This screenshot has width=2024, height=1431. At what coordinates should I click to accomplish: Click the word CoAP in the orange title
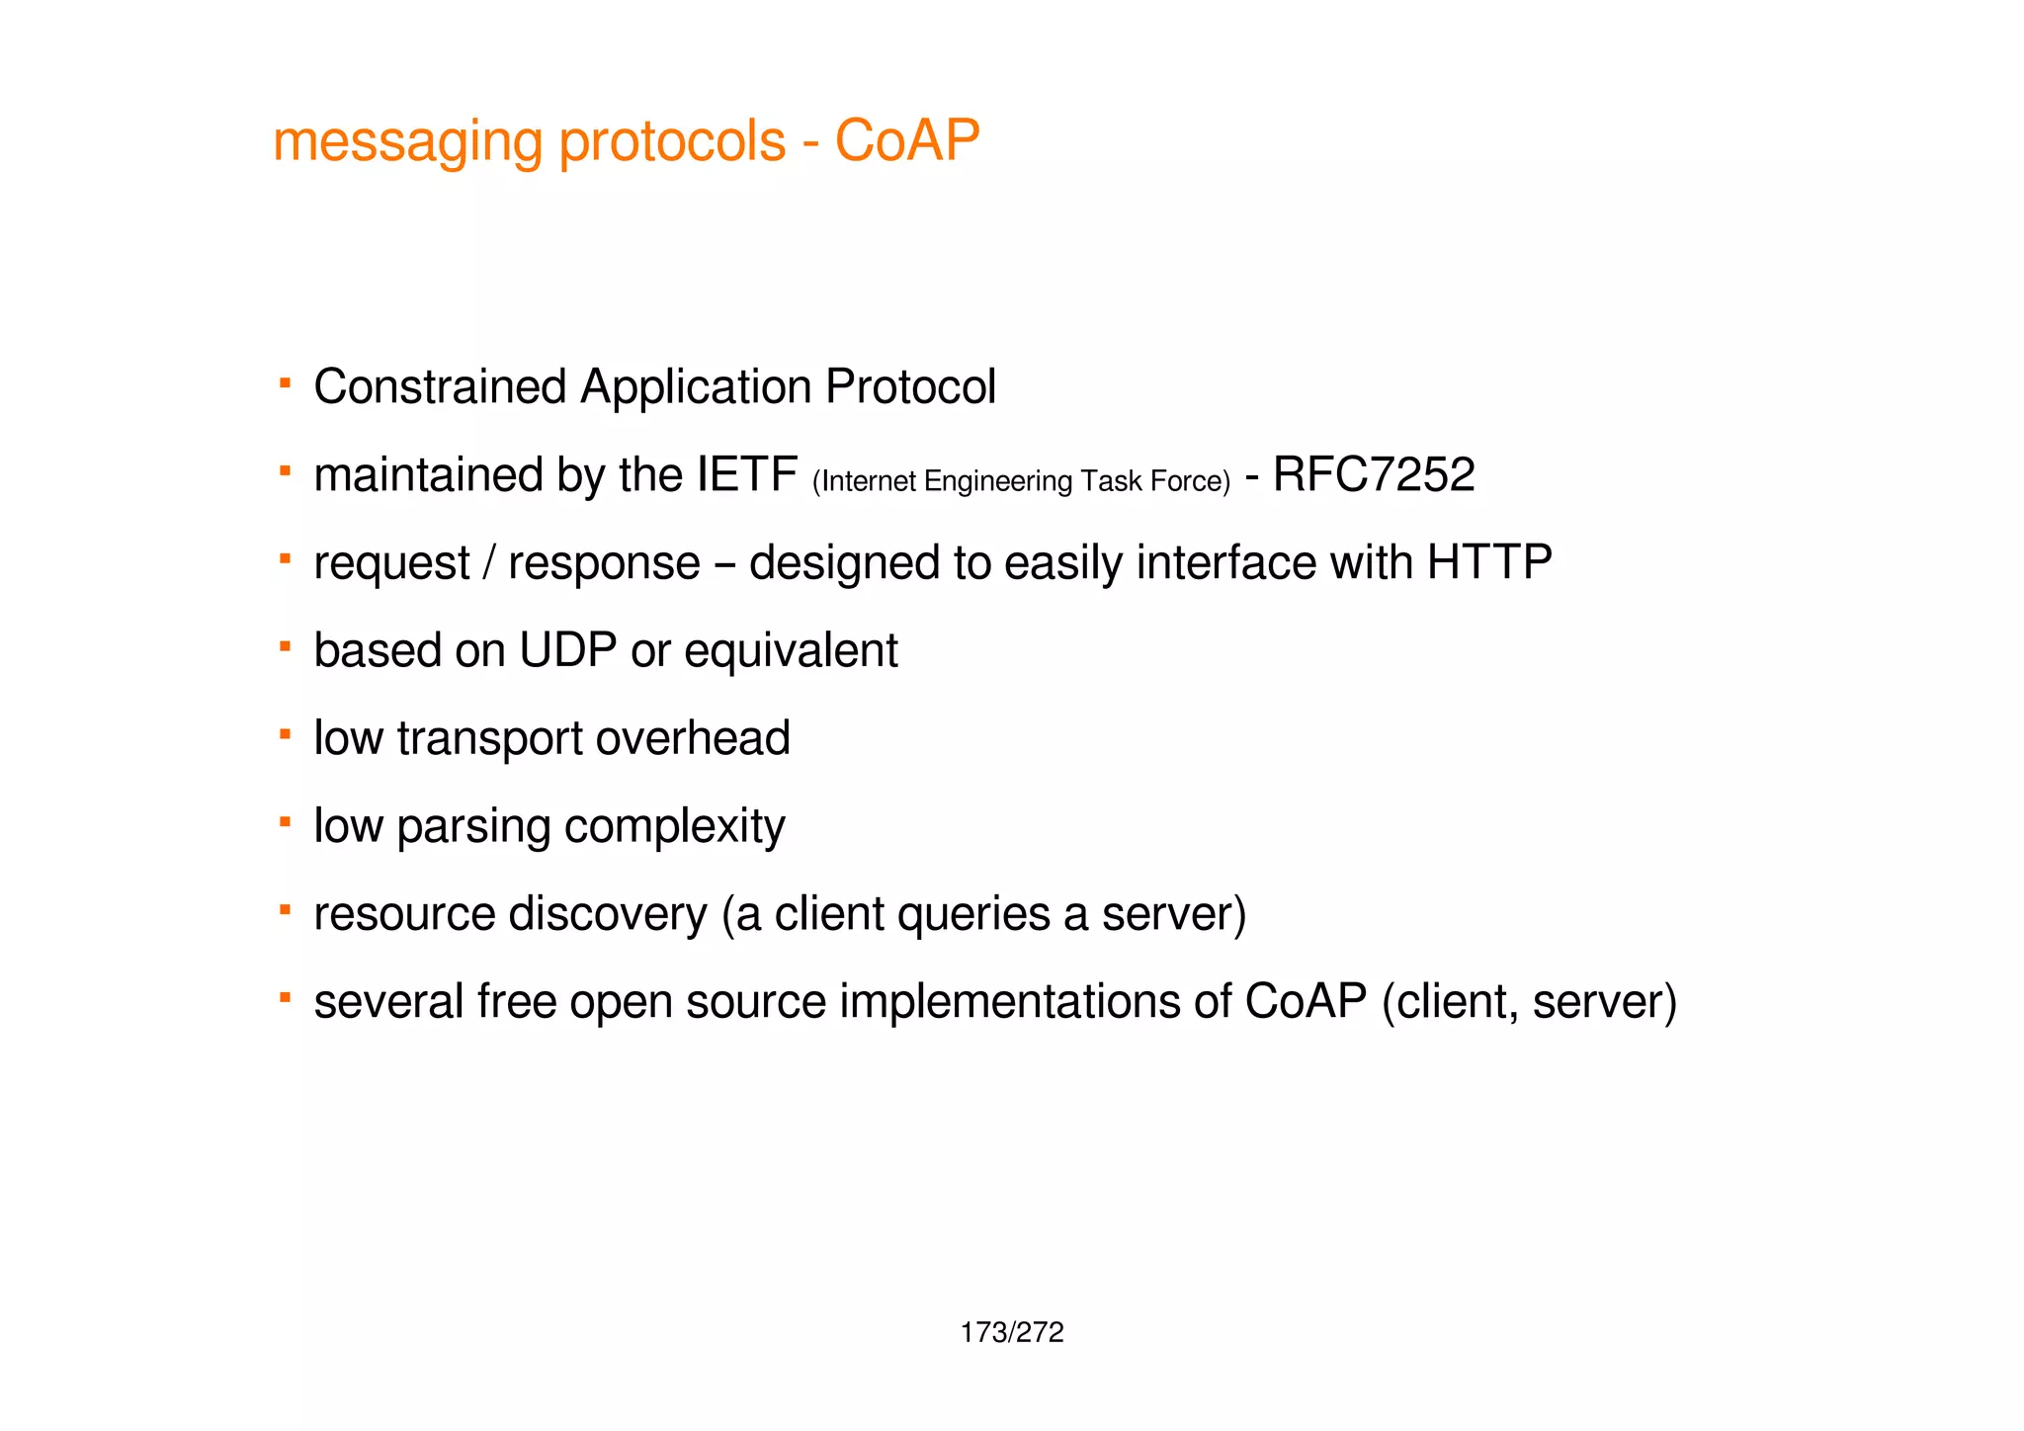pyautogui.click(x=906, y=140)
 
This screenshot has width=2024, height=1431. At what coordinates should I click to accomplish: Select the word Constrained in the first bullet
pyautogui.click(x=440, y=386)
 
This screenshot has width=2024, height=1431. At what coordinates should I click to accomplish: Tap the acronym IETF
pyautogui.click(x=746, y=474)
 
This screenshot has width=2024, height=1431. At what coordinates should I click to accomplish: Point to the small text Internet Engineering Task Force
pyautogui.click(x=1021, y=481)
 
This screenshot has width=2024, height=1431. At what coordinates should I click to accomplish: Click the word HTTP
pyautogui.click(x=1489, y=562)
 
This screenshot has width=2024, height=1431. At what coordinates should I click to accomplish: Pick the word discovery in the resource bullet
pyautogui.click(x=608, y=914)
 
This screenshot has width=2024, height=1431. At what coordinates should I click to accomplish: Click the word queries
pyautogui.click(x=972, y=914)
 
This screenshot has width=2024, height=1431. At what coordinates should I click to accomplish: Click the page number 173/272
pyautogui.click(x=1011, y=1332)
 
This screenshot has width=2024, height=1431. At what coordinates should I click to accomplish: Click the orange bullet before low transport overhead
pyautogui.click(x=285, y=733)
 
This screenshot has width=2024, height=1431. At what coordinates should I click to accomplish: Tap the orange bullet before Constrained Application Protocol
pyautogui.click(x=285, y=381)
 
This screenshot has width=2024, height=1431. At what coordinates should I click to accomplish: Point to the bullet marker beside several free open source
pyautogui.click(x=285, y=997)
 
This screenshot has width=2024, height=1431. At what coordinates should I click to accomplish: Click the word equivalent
pyautogui.click(x=791, y=650)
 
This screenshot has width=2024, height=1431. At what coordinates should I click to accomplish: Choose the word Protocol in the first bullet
pyautogui.click(x=909, y=386)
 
